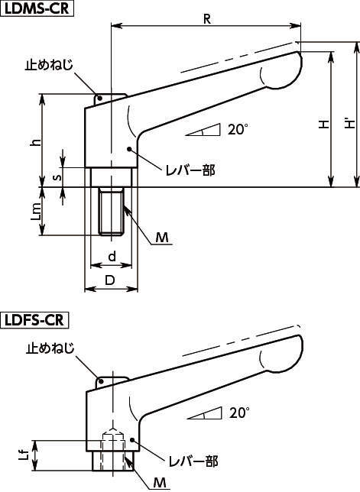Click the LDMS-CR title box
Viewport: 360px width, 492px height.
click(x=37, y=8)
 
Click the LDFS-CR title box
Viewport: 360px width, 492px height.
click(x=34, y=320)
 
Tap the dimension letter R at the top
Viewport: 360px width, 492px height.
click(x=207, y=19)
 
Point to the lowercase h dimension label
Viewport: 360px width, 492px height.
click(x=37, y=142)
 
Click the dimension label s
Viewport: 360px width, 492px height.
click(x=57, y=177)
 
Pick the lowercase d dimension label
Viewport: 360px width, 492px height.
click(x=112, y=256)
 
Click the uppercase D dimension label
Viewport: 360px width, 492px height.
click(x=110, y=280)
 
